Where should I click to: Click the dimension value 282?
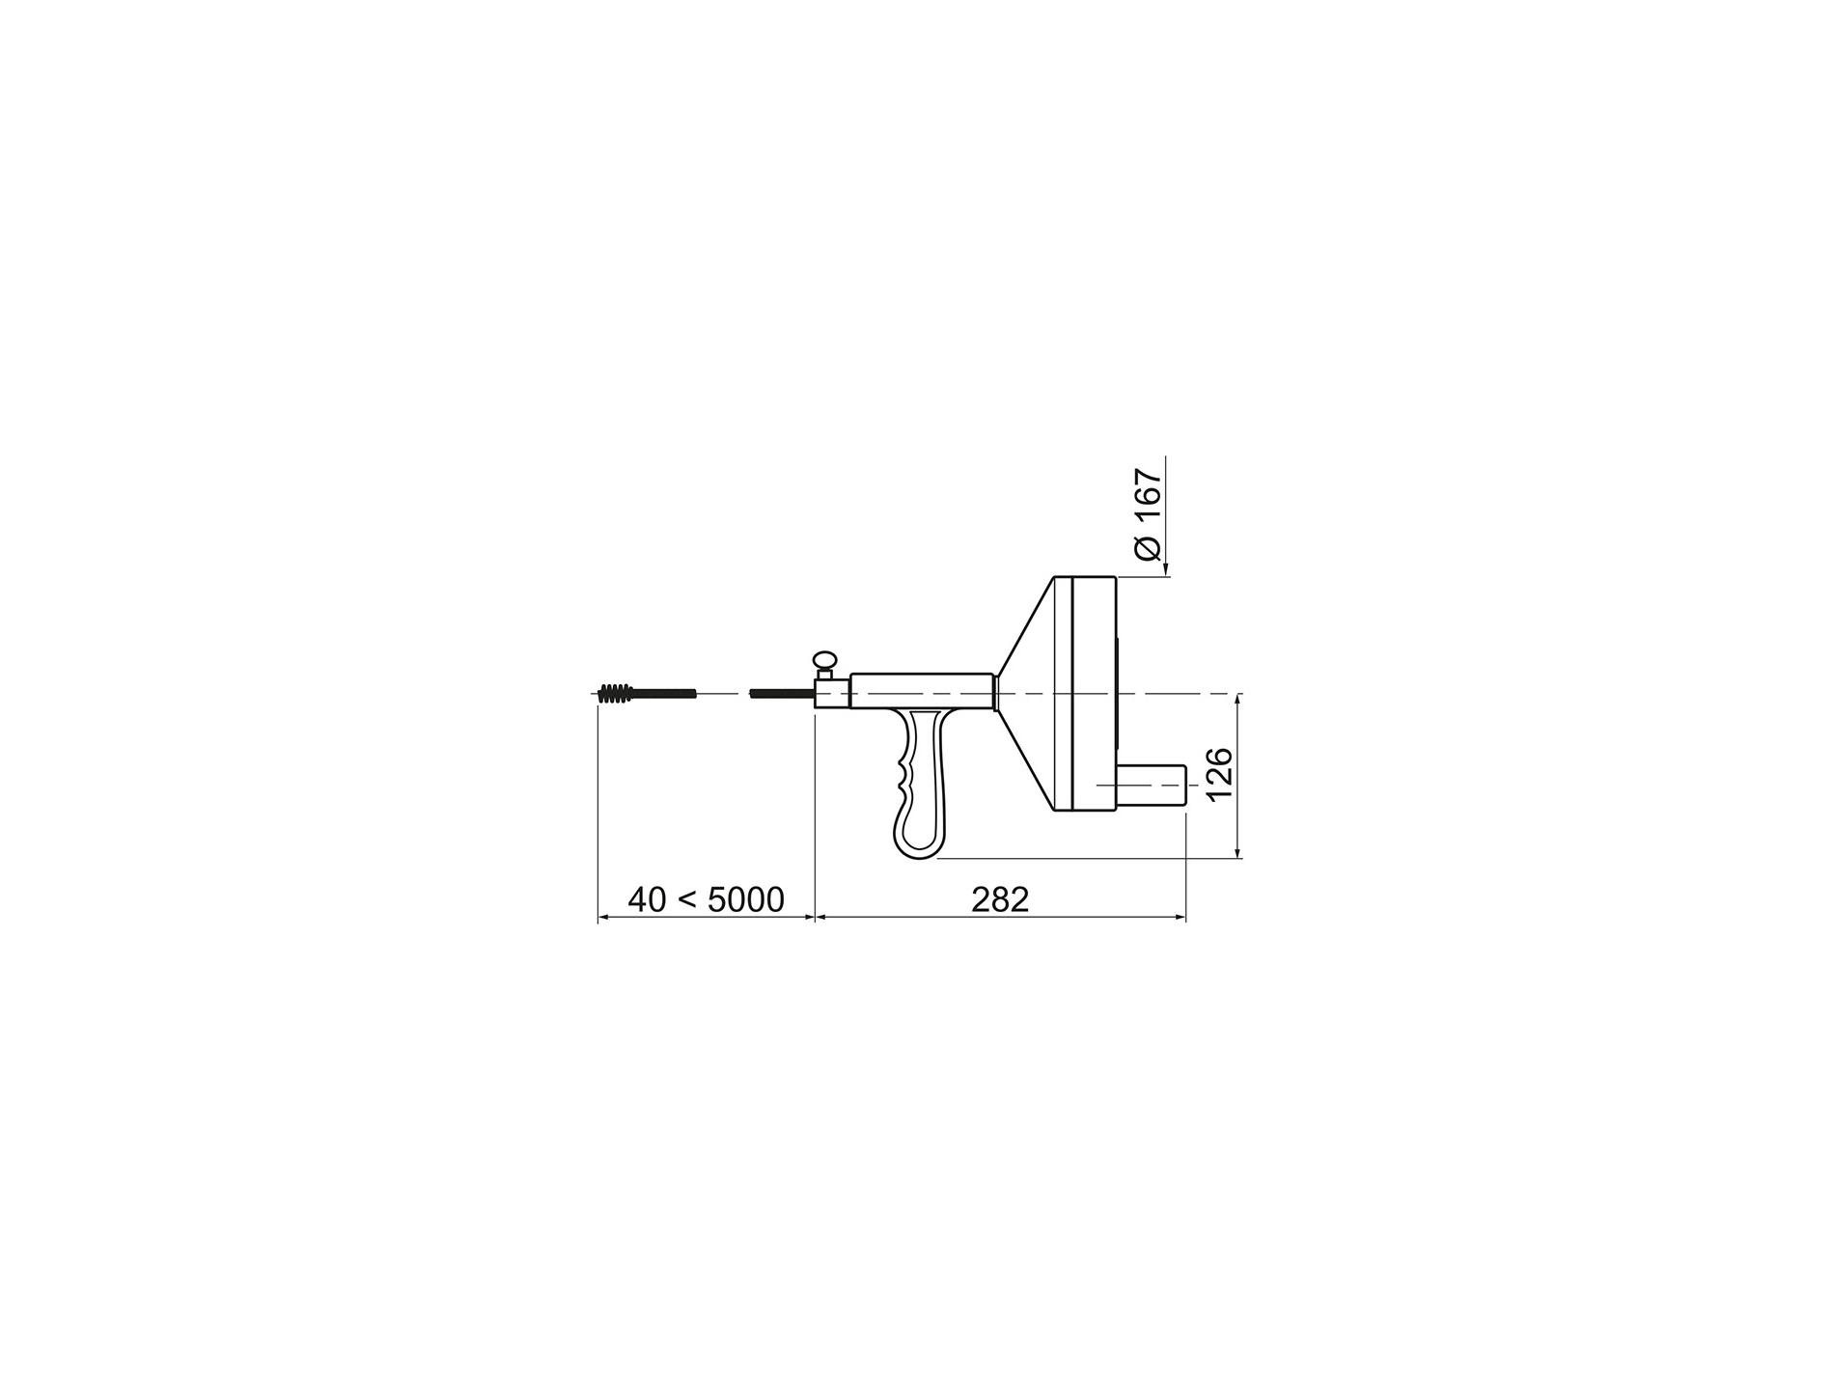point(1000,900)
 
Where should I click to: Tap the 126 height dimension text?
point(1219,774)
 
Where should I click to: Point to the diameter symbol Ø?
point(1148,547)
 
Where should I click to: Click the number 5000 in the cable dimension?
point(746,900)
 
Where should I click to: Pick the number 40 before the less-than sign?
point(647,900)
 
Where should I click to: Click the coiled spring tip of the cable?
point(615,693)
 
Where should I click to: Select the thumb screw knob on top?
point(824,660)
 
